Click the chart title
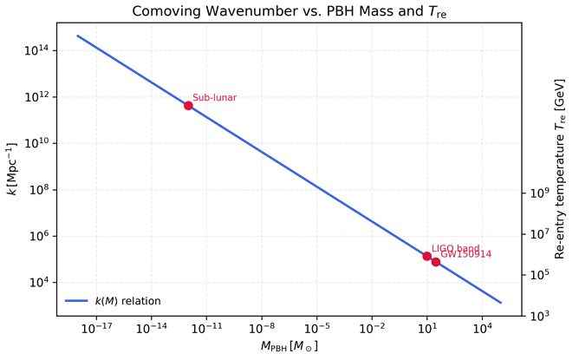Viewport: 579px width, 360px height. point(289,11)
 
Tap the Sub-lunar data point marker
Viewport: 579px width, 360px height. point(188,106)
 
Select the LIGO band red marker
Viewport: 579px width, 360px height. point(426,256)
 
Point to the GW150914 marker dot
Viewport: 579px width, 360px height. point(436,262)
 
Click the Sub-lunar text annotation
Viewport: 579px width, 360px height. point(214,98)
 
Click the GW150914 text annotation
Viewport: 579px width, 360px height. point(466,255)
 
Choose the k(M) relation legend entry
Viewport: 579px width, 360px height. point(113,301)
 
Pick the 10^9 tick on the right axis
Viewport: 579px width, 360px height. point(538,193)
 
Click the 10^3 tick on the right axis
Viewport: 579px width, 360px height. point(538,316)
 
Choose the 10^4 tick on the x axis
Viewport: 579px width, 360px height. point(482,329)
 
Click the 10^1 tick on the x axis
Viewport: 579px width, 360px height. point(426,329)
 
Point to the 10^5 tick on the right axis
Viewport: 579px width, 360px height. point(538,275)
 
